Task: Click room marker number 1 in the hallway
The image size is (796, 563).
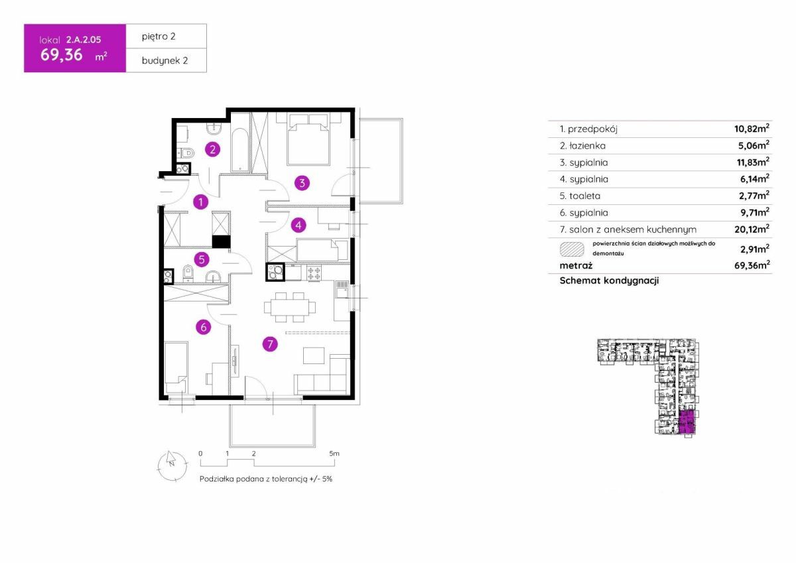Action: (200, 202)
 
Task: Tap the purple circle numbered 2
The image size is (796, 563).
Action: (212, 149)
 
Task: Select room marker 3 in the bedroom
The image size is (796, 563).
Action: (302, 183)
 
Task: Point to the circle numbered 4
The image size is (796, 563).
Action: (298, 225)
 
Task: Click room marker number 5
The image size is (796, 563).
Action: (202, 260)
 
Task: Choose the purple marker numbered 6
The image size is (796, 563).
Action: (203, 327)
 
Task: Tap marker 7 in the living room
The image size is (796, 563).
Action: (270, 344)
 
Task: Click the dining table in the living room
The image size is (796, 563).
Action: (290, 307)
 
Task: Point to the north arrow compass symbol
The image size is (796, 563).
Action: (172, 466)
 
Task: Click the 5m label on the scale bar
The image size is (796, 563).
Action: (334, 454)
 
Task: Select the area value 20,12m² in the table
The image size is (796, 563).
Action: (752, 229)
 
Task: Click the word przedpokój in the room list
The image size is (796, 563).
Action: (592, 129)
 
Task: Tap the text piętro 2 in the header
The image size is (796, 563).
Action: (159, 36)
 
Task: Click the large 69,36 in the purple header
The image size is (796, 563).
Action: (62, 55)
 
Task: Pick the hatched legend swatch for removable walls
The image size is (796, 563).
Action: (572, 249)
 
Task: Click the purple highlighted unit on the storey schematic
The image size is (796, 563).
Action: (687, 422)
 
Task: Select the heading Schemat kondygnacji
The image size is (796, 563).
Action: (609, 281)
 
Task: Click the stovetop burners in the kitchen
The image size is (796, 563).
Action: (314, 273)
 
